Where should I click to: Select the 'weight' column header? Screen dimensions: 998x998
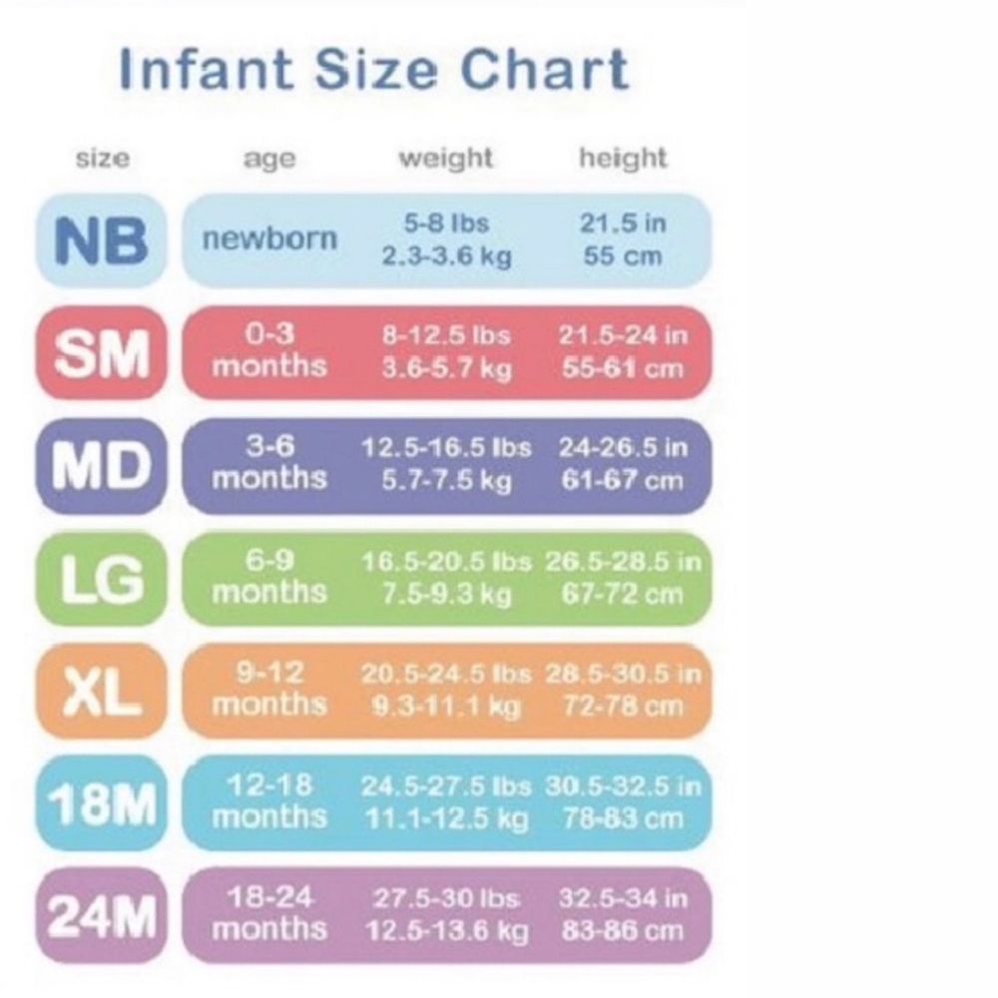point(446,158)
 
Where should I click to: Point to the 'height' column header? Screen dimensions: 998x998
point(623,158)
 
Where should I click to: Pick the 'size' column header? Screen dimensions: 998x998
point(102,159)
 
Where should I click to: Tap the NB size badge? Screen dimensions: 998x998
point(101,242)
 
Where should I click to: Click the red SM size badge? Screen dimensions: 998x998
point(101,353)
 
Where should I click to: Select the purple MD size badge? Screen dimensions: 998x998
point(101,465)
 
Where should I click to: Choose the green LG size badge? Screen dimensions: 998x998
point(101,579)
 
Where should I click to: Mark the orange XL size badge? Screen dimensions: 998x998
point(101,691)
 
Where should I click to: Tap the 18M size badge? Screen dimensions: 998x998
point(101,803)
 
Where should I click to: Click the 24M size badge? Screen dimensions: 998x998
point(101,916)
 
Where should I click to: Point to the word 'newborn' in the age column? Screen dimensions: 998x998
point(269,240)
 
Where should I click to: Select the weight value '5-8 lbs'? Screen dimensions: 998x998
point(446,223)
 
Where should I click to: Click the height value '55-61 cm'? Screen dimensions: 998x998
point(623,368)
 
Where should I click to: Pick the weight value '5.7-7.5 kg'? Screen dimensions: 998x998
point(446,480)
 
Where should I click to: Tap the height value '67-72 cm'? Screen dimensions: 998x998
point(623,594)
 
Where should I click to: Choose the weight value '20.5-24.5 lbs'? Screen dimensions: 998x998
point(446,674)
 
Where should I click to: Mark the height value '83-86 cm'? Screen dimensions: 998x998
point(623,931)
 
